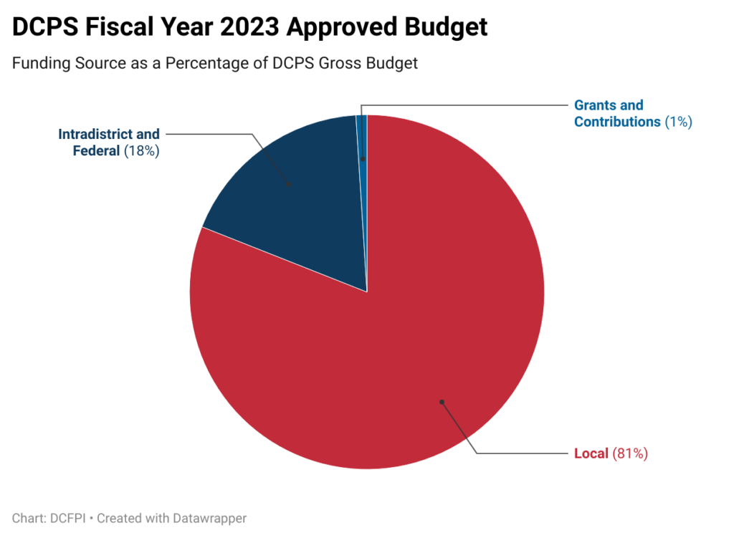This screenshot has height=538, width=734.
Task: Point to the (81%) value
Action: (630, 453)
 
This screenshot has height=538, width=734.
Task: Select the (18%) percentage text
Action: (141, 151)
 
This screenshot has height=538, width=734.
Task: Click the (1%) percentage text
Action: (677, 122)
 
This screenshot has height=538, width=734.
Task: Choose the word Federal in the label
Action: (96, 151)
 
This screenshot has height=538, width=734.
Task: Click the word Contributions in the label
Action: (617, 122)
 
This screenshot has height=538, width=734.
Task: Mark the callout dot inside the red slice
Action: (442, 402)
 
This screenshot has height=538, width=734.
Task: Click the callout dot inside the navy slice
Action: (289, 185)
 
